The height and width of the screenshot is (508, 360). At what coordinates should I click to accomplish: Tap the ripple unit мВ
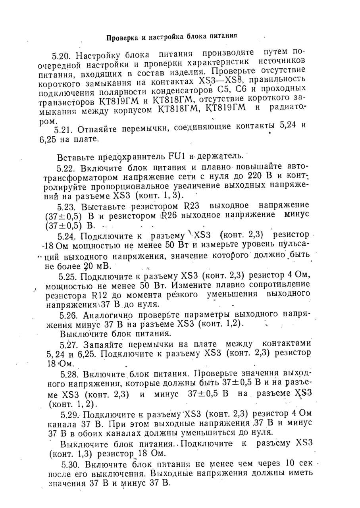coord(106,266)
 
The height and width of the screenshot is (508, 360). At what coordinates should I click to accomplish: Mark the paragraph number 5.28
coord(68,374)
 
